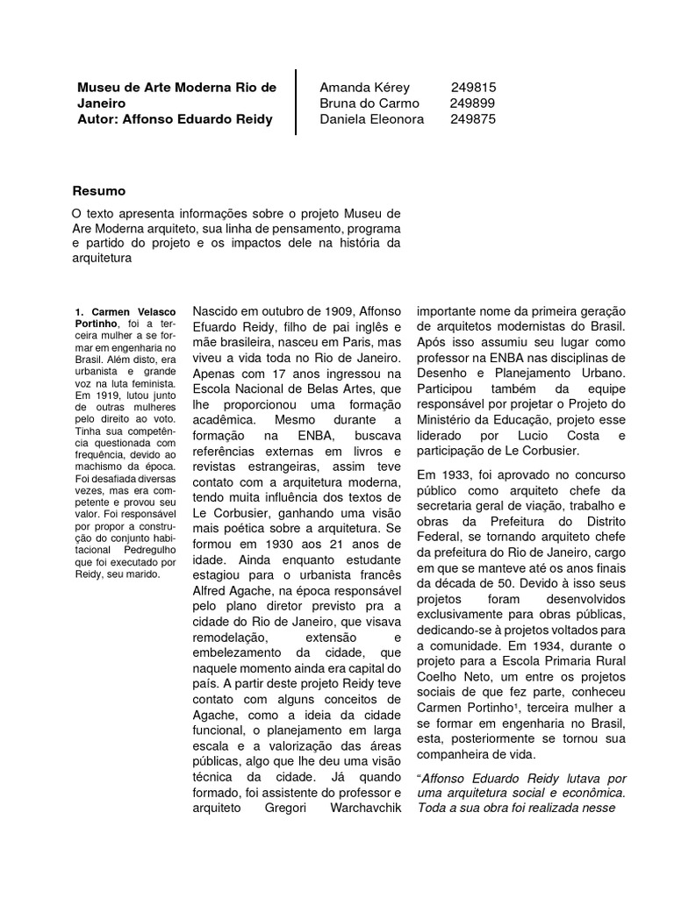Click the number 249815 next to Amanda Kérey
tap(473, 88)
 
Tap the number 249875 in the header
tap(473, 119)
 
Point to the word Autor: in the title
tap(98, 119)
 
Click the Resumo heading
tap(98, 190)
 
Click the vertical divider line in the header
tap(296, 103)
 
